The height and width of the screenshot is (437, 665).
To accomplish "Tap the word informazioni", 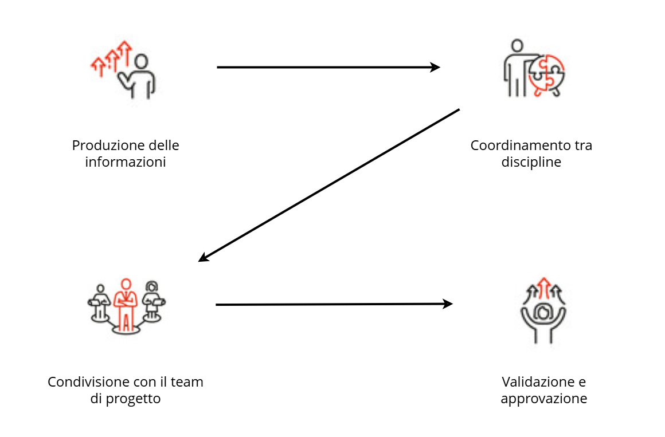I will coord(126,162).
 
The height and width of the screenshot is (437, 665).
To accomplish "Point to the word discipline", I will coord(531,162).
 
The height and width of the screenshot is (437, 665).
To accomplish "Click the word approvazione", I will coord(543,399).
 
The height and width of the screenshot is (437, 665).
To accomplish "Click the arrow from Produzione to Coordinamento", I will coord(327,67).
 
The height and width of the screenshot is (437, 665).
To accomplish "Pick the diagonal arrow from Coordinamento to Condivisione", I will coord(330,185).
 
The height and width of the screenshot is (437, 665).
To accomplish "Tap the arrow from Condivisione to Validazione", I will coord(332,304).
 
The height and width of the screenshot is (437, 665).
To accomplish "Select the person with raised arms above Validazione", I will coord(543,318).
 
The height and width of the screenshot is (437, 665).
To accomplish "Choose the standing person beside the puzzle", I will coord(517,67).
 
